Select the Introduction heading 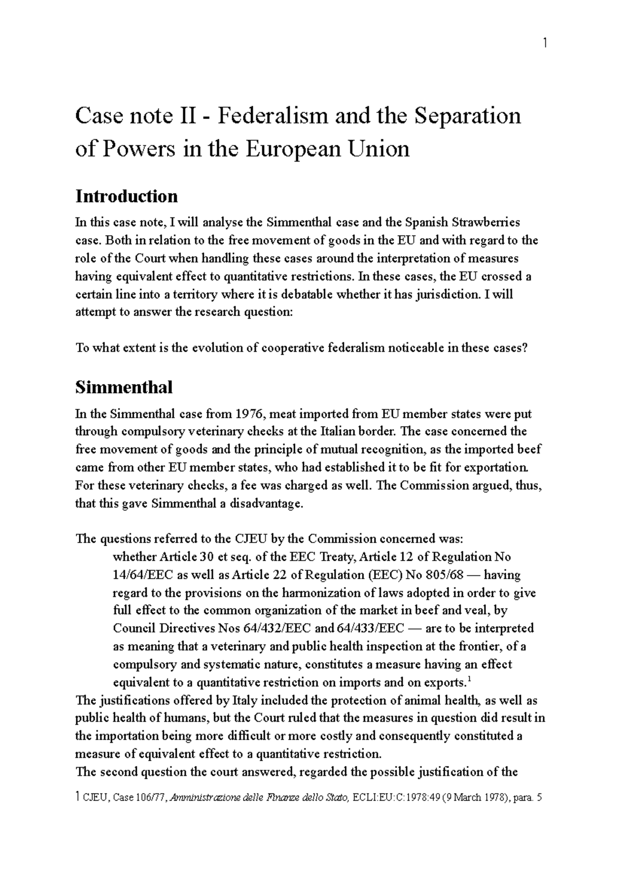[x=126, y=196]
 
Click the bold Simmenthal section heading [x=124, y=387]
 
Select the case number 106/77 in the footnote [x=150, y=798]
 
